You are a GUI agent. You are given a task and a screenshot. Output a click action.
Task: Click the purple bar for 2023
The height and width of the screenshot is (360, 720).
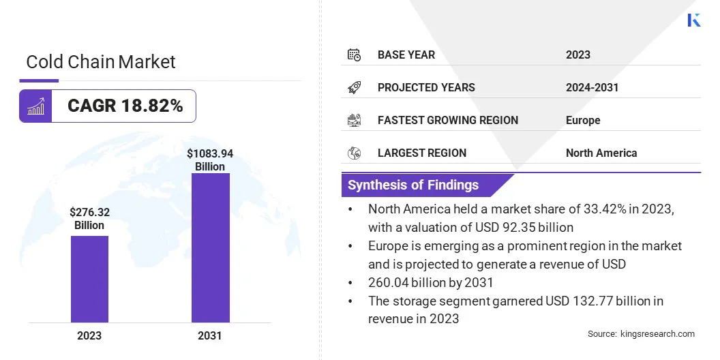[x=89, y=279]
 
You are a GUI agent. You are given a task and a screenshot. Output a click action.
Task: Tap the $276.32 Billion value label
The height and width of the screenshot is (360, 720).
[x=89, y=219]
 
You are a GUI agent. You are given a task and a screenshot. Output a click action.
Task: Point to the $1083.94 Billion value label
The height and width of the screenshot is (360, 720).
[x=210, y=160]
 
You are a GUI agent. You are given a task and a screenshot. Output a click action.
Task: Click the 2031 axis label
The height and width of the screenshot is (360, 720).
[x=210, y=335]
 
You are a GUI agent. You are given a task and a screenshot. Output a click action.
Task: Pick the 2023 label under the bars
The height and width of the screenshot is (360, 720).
[x=89, y=335]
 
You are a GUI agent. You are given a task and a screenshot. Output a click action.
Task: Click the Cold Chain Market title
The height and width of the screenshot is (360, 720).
[x=101, y=62]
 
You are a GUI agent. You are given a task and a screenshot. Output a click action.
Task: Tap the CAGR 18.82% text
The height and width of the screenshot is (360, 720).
[x=125, y=106]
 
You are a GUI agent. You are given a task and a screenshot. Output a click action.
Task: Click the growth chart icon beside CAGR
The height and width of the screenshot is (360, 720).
[x=35, y=106]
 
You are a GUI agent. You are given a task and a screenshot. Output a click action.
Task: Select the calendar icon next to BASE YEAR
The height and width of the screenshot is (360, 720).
[x=354, y=55]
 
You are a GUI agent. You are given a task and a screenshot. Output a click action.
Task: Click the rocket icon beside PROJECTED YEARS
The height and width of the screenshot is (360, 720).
[x=354, y=87]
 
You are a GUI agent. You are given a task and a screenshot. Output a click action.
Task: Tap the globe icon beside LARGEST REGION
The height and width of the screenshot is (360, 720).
[x=354, y=153]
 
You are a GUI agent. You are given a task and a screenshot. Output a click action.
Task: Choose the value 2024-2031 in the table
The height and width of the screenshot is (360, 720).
[x=592, y=87]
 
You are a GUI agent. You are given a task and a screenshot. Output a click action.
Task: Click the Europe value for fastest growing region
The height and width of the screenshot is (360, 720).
[x=583, y=120]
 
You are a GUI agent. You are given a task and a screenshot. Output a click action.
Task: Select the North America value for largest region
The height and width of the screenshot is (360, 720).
[x=601, y=153]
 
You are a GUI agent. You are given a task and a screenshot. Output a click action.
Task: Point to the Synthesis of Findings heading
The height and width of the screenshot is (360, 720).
[x=413, y=185]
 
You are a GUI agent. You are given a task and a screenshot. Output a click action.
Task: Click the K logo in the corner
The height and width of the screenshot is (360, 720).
[x=694, y=20]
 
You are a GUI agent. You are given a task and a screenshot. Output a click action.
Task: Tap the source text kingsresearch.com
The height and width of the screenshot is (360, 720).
[x=657, y=334]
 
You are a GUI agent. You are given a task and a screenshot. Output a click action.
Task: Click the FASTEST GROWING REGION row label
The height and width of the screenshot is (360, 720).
[x=447, y=120]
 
